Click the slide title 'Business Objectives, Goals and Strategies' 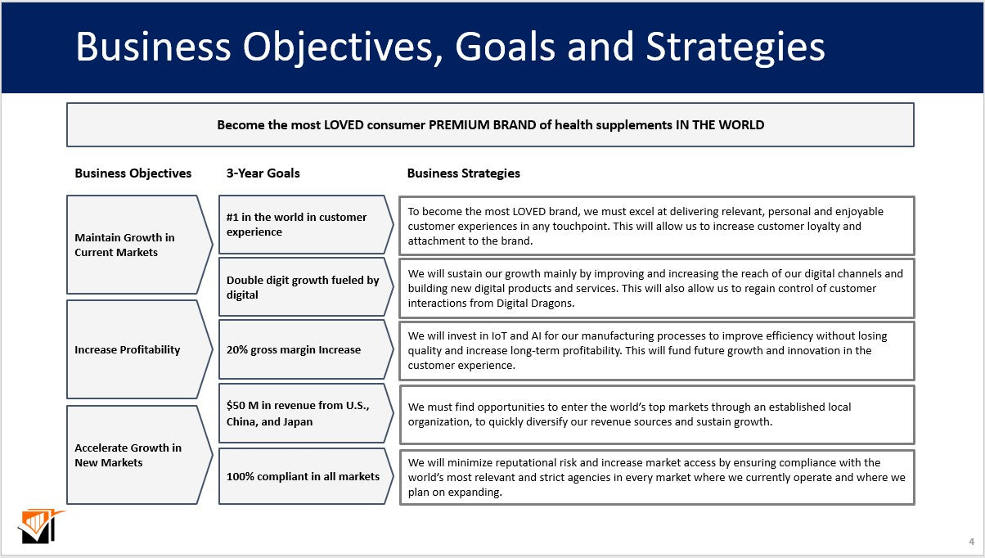450,47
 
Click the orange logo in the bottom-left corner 38,526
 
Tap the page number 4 971,542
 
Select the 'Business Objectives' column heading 133,173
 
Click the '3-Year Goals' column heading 263,173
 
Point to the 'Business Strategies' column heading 463,173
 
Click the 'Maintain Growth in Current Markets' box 131,245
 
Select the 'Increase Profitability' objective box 131,349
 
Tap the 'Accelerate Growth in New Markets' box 131,455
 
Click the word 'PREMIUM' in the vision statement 459,125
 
